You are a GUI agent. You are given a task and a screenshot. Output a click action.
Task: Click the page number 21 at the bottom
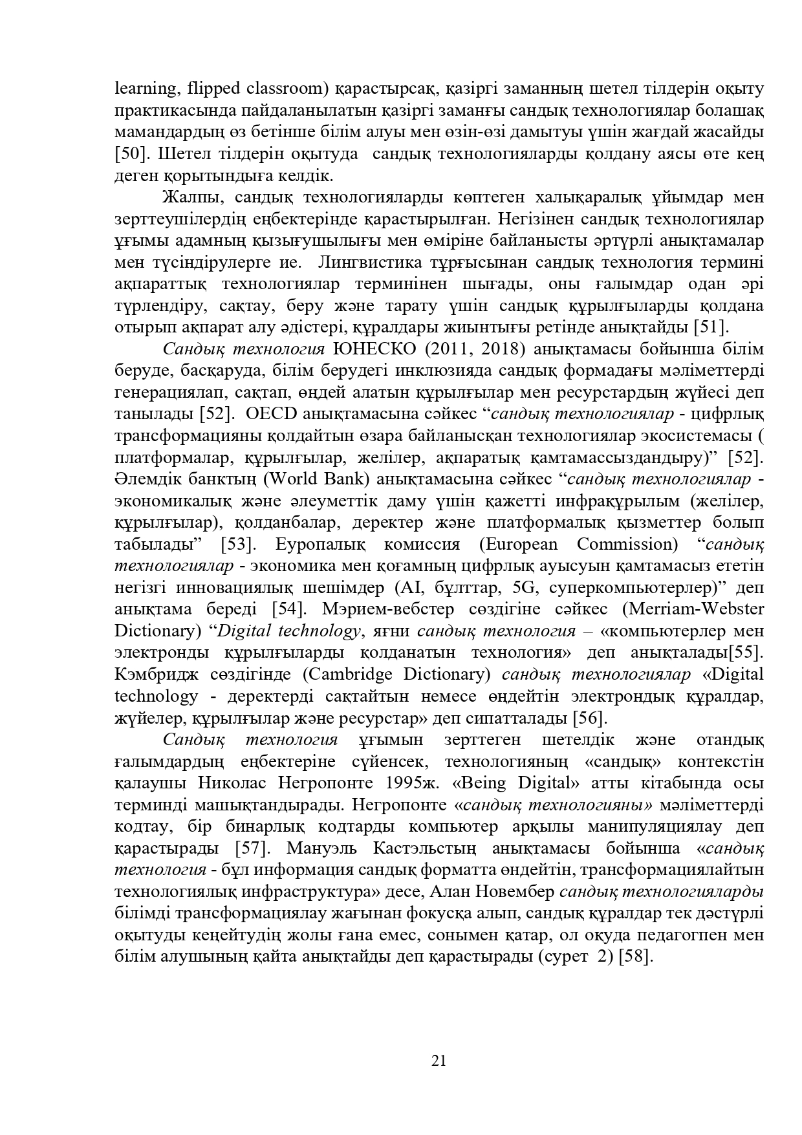pyautogui.click(x=439, y=1060)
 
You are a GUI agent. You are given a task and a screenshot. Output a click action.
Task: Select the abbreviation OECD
pyautogui.click(x=266, y=414)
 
